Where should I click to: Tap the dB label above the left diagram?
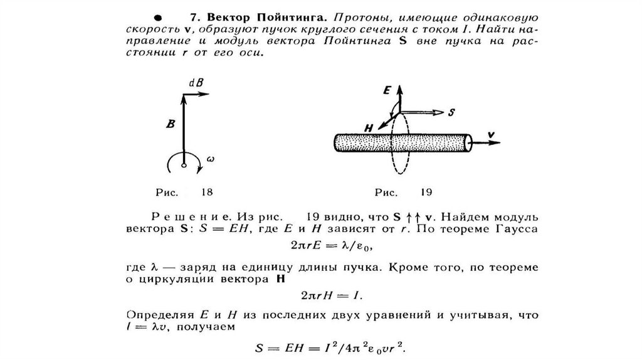coord(196,83)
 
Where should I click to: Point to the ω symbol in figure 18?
coord(210,161)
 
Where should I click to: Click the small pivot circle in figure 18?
coord(184,165)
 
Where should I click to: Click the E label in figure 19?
coord(387,91)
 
